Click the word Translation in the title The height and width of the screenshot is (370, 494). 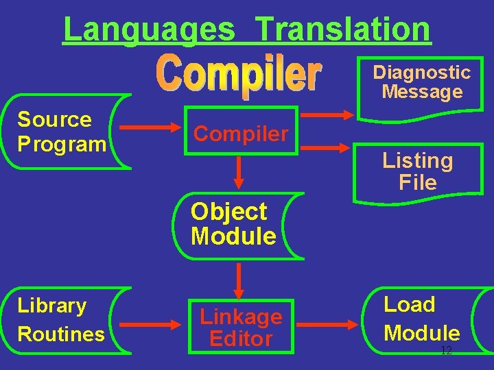point(343,29)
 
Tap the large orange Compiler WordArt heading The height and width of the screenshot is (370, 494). point(239,74)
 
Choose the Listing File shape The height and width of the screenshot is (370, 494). point(418,171)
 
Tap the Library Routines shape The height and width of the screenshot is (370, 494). point(64,319)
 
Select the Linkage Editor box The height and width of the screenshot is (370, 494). point(240,327)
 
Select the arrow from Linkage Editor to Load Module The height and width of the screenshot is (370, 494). point(336,321)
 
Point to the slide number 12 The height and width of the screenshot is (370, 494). point(446,350)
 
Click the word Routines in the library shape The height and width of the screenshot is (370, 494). point(61,334)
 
